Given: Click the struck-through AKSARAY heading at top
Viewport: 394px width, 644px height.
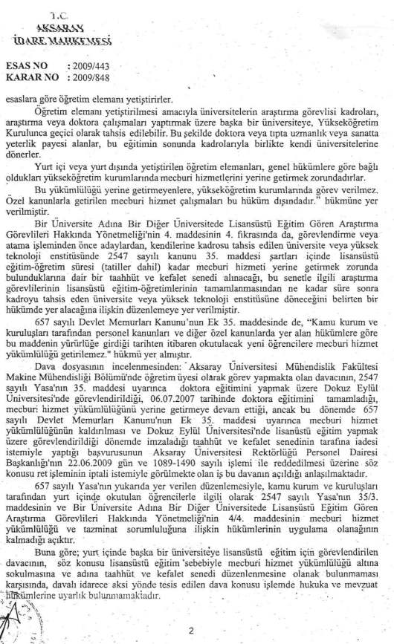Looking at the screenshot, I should [55, 22].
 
